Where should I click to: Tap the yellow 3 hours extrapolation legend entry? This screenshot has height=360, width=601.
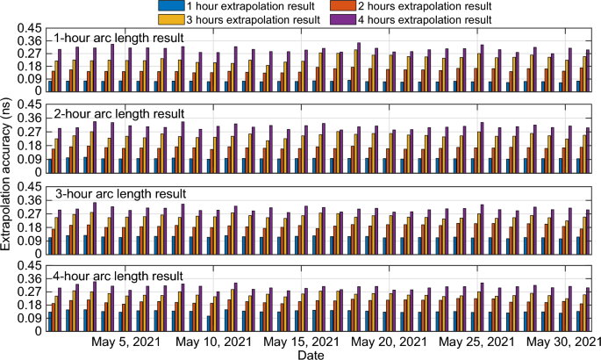(234, 18)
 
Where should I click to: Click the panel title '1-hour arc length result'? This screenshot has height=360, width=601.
(118, 38)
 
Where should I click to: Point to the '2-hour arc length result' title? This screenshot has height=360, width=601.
(118, 114)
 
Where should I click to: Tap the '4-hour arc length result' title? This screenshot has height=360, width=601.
(118, 276)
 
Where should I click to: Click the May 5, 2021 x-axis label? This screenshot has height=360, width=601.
(127, 342)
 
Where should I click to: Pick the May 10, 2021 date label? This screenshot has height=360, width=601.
(213, 342)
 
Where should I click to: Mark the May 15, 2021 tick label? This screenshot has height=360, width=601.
(301, 342)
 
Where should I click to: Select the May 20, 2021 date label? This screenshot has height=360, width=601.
(390, 342)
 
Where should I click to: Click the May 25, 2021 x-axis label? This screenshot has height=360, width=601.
(477, 342)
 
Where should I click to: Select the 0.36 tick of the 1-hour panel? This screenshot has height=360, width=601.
(32, 40)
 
